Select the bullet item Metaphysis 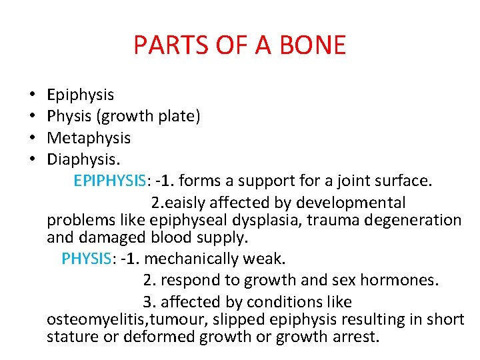(89, 138)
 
